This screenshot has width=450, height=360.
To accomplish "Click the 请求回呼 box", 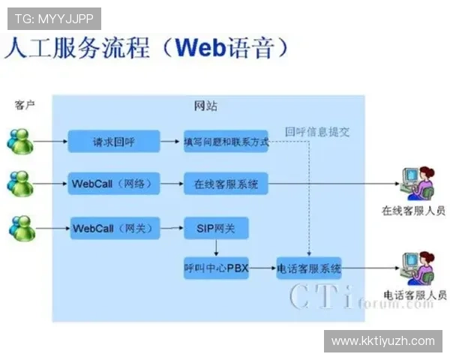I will pos(114,141).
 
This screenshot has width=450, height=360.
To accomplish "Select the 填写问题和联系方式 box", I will pos(226,141).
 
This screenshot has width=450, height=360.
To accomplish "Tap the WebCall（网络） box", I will pos(114,183).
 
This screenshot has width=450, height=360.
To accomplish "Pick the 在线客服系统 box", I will pos(226,183).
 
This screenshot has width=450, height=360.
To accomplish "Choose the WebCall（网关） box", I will pos(114,227).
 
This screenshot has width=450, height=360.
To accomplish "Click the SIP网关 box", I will pos(215,227).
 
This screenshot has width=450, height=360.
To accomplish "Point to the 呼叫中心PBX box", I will pos(215,268).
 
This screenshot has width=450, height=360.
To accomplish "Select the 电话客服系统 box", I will pos(309,268).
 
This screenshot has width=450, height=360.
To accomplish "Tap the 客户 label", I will pos(25,105).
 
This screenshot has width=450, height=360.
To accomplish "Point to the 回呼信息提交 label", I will pos(317,132).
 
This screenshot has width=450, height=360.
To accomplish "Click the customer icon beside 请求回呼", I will pos(20,141).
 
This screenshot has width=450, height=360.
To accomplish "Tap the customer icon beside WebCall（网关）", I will pos(20,226).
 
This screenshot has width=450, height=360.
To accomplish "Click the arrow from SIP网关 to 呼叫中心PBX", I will pos(216,247).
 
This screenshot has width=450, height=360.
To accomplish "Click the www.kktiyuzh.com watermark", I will pos(382,341).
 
